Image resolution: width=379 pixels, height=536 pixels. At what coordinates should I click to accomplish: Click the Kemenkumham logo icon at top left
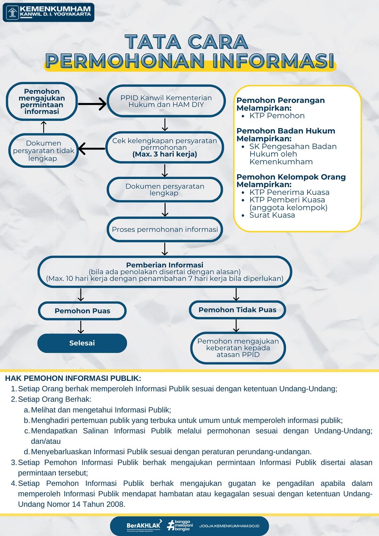tap(13, 13)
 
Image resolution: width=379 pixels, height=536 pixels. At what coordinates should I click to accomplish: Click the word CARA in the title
tap(218, 42)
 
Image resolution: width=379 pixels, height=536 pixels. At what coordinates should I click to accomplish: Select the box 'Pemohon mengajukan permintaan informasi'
tap(42, 101)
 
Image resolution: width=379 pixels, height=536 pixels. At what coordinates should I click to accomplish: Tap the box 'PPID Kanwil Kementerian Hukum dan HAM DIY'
tap(166, 101)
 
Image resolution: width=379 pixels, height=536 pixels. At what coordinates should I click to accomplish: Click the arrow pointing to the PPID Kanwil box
tap(92, 104)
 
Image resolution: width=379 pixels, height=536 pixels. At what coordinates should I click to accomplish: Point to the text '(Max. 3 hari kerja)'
tap(165, 154)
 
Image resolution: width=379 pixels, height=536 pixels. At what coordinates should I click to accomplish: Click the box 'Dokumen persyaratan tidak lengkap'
tap(44, 151)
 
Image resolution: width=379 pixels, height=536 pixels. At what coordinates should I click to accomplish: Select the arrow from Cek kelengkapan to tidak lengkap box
tap(92, 148)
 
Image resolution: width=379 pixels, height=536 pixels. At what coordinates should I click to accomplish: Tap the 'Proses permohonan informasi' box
tap(165, 230)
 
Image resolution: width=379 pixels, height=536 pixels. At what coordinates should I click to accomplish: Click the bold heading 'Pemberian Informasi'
tap(165, 265)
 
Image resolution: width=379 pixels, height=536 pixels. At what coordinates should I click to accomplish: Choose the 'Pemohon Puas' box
tap(82, 311)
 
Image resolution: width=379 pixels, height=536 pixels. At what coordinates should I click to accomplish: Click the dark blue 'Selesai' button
tap(82, 343)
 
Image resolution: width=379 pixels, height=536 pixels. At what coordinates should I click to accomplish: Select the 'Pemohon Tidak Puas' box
tap(238, 310)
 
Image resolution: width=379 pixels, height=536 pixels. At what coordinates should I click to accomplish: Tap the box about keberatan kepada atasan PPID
tap(238, 348)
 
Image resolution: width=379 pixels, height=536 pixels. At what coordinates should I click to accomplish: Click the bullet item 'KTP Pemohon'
tap(277, 116)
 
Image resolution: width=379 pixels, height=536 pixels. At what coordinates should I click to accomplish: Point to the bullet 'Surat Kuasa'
tap(272, 215)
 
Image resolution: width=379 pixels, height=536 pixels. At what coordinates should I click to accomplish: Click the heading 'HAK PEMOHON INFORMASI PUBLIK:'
tap(73, 378)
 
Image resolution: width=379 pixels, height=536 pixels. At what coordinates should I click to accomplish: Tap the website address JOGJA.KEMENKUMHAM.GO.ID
tap(229, 526)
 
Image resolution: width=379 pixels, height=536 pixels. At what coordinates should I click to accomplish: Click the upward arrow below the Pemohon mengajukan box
tap(44, 127)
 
